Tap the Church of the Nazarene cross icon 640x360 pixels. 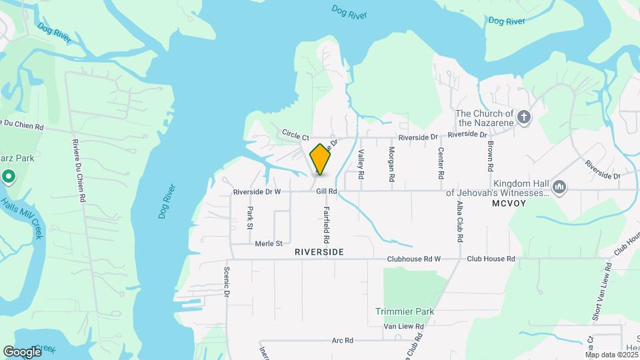524,119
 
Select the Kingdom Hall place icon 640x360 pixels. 560,187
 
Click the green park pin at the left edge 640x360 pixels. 9,177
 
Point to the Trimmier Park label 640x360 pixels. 405,311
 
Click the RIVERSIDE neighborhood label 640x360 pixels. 319,252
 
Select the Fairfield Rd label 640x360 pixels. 327,224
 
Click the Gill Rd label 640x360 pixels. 327,192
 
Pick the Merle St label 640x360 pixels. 269,244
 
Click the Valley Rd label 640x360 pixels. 361,163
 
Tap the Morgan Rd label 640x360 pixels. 391,164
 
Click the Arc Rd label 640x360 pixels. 343,341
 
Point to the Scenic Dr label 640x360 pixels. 227,283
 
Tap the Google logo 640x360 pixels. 22,351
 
